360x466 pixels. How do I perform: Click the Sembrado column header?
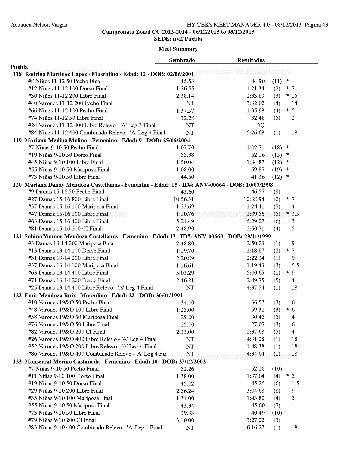pyautogui.click(x=182, y=60)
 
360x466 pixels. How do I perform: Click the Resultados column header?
pyautogui.click(x=251, y=60)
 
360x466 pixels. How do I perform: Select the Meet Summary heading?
pyautogui.click(x=178, y=49)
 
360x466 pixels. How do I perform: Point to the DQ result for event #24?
pyautogui.click(x=260, y=125)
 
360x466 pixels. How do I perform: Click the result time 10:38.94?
pyautogui.click(x=254, y=199)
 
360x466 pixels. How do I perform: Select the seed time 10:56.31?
pyautogui.click(x=184, y=199)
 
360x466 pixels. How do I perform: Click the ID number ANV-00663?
pyautogui.click(x=208, y=236)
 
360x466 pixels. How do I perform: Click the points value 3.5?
pyautogui.click(x=295, y=214)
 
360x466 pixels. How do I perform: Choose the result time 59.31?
pyautogui.click(x=258, y=310)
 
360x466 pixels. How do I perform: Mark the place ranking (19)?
pyautogui.click(x=277, y=169)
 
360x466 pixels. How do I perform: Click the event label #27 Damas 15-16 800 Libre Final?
pyautogui.click(x=68, y=199)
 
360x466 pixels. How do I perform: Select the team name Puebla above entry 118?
pyautogui.click(x=19, y=67)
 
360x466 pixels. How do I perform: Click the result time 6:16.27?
pyautogui.click(x=255, y=428)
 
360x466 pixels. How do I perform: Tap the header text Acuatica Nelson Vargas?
pyautogui.click(x=39, y=25)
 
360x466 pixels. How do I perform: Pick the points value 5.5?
pyautogui.click(x=295, y=265)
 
